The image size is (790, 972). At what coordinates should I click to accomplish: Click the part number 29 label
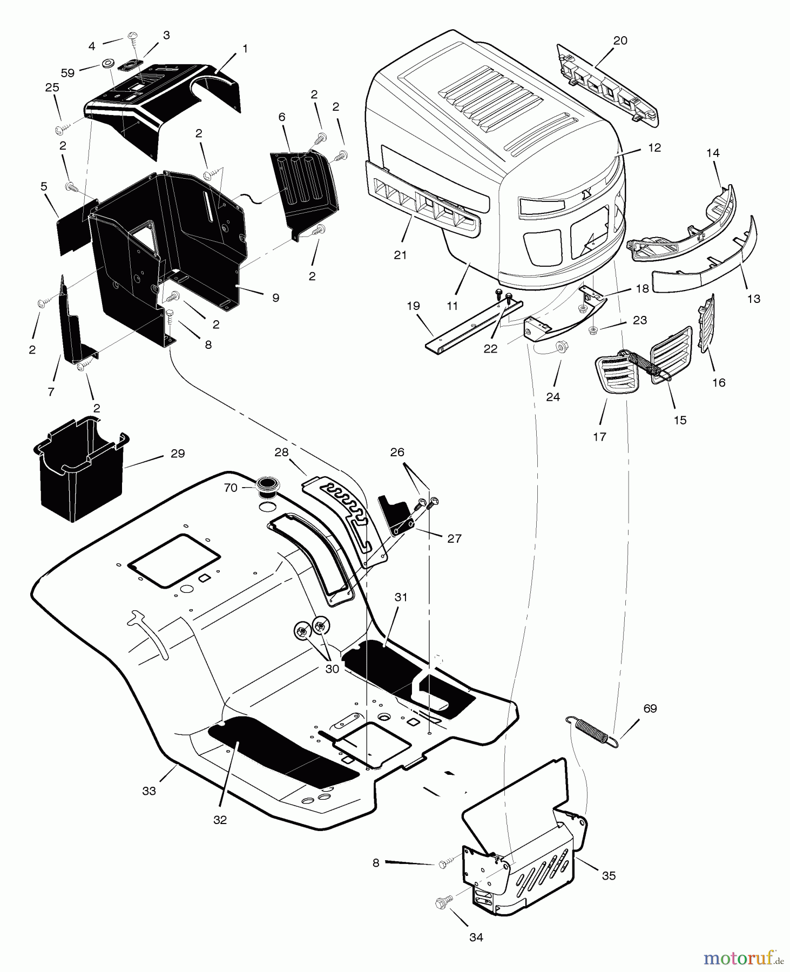coord(178,454)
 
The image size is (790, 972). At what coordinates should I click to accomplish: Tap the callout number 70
coord(231,488)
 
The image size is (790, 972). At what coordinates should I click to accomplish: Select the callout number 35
coord(609,875)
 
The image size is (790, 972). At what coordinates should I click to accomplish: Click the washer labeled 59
coord(107,65)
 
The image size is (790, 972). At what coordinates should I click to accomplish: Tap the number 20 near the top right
coord(620,40)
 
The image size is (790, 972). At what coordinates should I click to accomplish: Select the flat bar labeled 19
coord(470,327)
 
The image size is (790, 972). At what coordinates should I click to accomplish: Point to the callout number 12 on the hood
coord(654,147)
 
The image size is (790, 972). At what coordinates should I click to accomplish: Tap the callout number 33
coord(149,791)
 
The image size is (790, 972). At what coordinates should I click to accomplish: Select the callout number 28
coord(281,453)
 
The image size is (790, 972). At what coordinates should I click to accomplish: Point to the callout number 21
coord(400,255)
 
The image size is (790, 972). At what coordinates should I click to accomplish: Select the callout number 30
coord(332,669)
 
